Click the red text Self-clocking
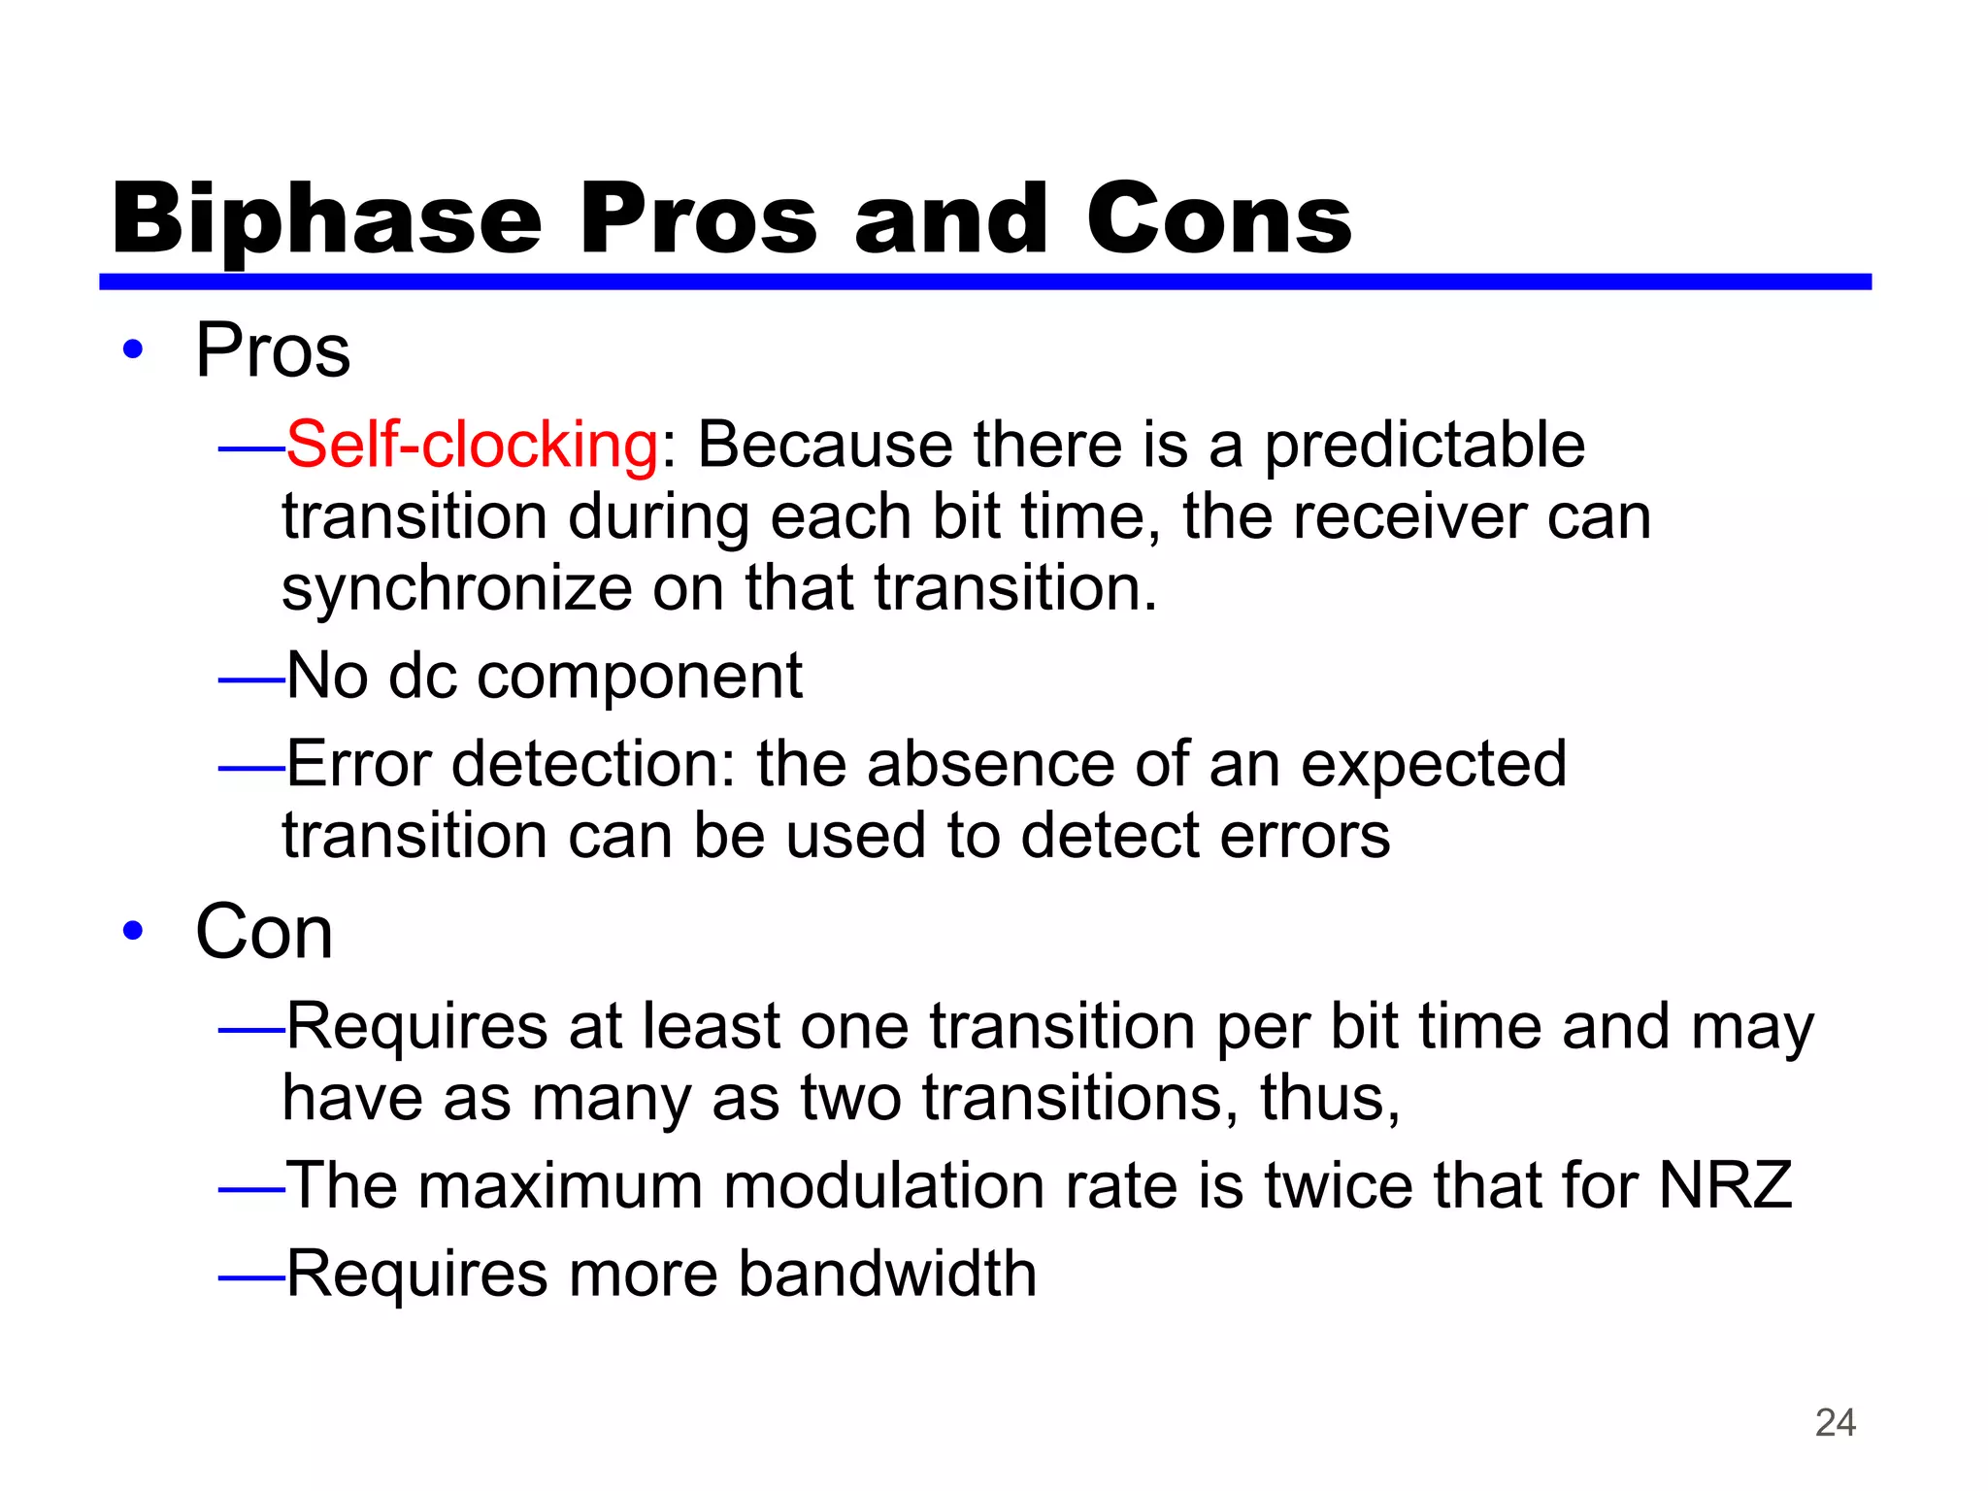(x=473, y=445)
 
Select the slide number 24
(x=1835, y=1422)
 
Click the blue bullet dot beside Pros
(x=133, y=349)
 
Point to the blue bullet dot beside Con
(x=133, y=932)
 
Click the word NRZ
(x=1725, y=1185)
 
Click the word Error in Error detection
(x=358, y=764)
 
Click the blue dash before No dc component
(x=250, y=681)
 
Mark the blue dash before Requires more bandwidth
(x=250, y=1278)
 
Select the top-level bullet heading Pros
(x=273, y=350)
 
